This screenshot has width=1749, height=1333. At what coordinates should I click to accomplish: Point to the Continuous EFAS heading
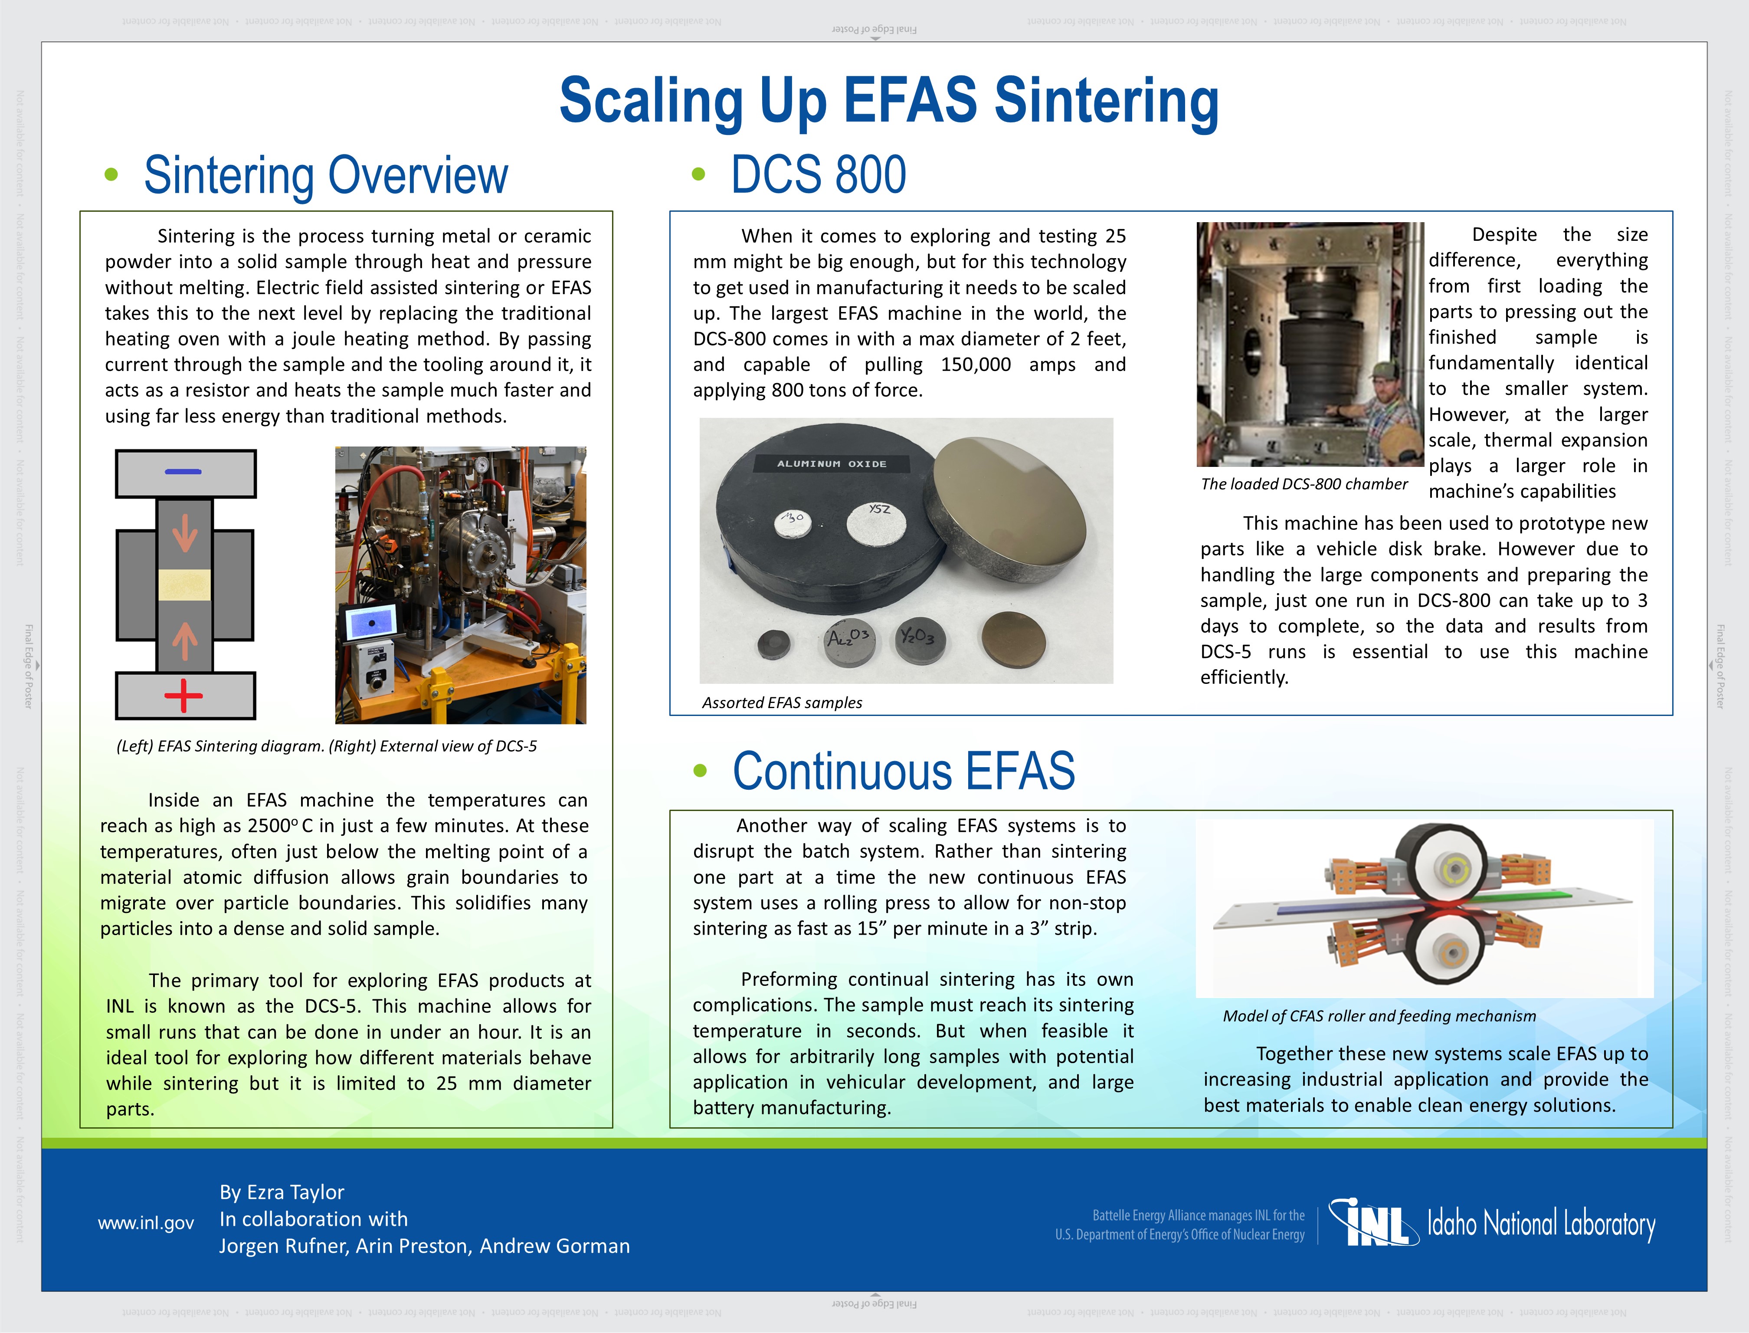[904, 771]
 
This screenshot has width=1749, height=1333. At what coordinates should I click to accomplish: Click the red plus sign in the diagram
[183, 696]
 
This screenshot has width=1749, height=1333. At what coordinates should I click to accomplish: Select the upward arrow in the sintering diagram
[185, 641]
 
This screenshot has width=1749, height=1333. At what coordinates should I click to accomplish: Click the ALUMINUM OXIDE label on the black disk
[831, 463]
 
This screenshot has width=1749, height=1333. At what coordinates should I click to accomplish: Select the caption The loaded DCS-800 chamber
[1304, 484]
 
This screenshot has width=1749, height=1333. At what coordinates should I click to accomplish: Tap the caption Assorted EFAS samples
[782, 702]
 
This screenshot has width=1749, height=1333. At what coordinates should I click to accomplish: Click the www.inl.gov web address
[146, 1223]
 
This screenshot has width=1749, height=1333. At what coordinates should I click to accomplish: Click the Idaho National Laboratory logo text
[1541, 1224]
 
